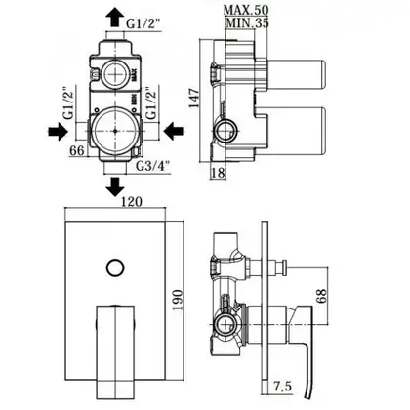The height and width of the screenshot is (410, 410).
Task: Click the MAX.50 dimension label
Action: [246, 10]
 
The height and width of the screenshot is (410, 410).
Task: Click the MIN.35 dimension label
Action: [247, 22]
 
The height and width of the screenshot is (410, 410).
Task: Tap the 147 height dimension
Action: [194, 98]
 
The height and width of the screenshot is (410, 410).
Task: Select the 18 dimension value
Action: [218, 173]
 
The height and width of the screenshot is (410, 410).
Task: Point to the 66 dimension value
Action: [77, 150]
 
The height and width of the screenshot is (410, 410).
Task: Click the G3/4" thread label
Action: [153, 166]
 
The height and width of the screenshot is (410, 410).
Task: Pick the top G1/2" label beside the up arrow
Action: [143, 23]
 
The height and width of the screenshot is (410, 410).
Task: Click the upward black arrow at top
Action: [115, 17]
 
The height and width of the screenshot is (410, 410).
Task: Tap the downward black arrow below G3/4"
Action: [115, 186]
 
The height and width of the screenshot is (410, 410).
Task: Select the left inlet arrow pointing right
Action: [58, 131]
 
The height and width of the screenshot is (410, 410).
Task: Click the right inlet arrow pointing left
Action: [174, 131]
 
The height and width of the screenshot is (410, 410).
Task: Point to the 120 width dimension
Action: [132, 202]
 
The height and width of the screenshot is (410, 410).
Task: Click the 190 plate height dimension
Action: [178, 300]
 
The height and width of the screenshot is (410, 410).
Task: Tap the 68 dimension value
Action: [321, 296]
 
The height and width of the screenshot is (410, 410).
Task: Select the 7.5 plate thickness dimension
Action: [282, 387]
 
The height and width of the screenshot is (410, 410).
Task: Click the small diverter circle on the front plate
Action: [115, 267]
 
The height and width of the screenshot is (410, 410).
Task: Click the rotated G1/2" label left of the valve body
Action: [69, 102]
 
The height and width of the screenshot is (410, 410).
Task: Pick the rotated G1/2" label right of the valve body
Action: [151, 102]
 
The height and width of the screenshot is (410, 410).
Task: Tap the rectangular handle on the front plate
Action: [115, 350]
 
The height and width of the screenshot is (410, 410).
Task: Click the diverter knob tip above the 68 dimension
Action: [285, 267]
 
